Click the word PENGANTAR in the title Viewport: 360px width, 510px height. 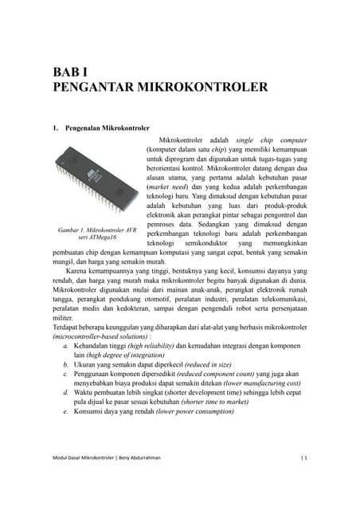[97, 86]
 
